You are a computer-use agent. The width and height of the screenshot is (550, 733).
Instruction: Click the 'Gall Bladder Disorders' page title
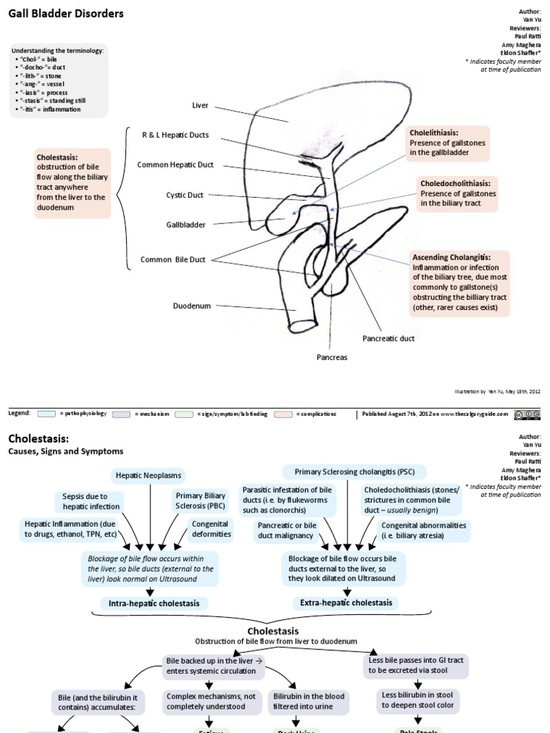pos(66,14)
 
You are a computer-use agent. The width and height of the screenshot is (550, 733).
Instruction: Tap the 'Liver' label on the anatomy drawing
pos(200,105)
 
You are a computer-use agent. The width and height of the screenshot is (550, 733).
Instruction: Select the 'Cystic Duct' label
pos(185,195)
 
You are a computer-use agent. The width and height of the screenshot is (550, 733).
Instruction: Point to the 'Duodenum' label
pos(192,306)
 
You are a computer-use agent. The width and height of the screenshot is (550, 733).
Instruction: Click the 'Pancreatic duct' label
pos(388,338)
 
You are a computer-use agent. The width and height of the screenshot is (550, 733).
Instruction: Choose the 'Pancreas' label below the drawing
pos(332,356)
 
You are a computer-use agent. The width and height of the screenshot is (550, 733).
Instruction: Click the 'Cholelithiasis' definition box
pos(447,142)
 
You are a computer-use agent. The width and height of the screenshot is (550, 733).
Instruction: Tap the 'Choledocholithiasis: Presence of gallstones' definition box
pos(458,193)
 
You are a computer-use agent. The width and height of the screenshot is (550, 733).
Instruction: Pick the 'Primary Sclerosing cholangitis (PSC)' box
pos(354,472)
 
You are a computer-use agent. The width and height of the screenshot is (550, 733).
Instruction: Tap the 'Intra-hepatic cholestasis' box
pos(154,603)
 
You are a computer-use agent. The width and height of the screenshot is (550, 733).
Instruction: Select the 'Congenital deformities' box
pos(211,529)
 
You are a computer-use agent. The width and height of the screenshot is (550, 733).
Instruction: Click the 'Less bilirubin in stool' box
pos(420,699)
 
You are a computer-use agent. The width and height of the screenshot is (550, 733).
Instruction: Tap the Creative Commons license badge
pos(527,414)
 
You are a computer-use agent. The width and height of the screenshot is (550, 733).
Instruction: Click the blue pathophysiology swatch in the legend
pos(47,414)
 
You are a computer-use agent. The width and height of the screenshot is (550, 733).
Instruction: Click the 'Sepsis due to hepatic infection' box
pos(85,501)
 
